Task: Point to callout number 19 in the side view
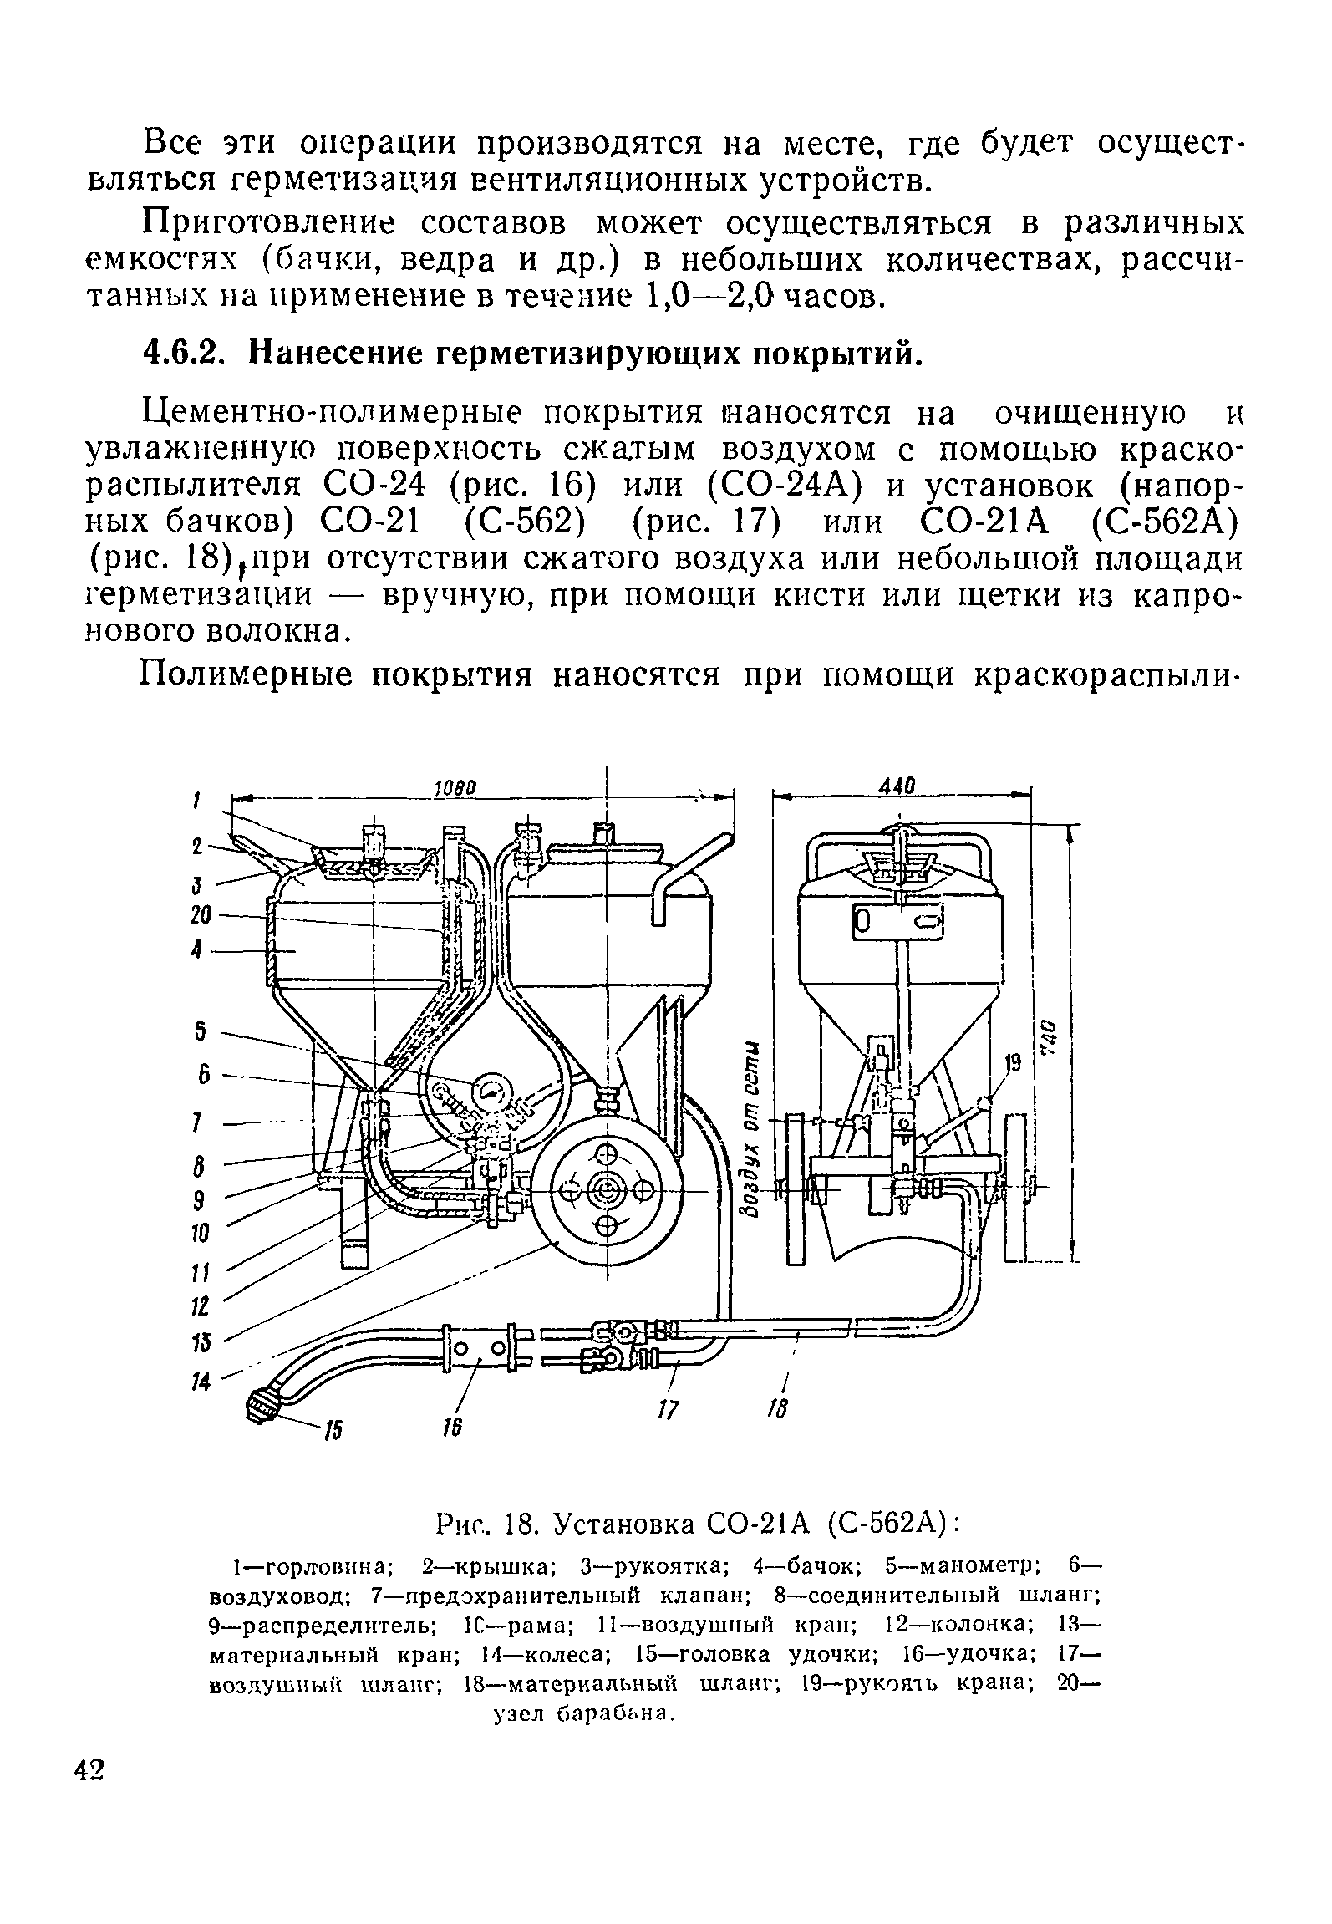tap(1014, 1063)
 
